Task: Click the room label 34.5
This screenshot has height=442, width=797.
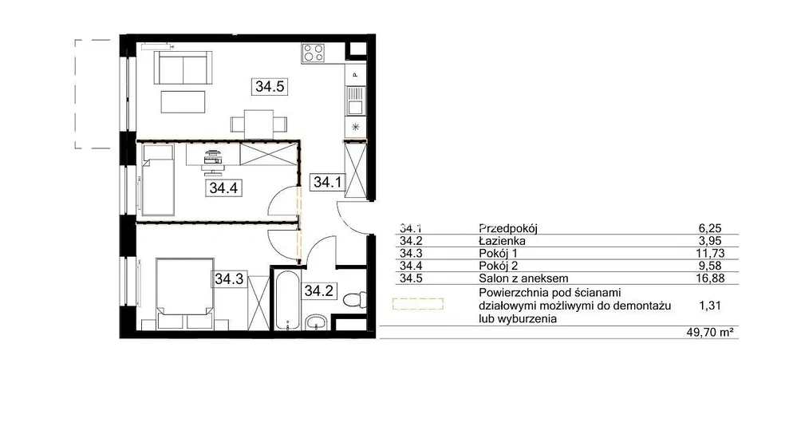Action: pos(270,86)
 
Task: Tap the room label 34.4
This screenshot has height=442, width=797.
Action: pos(223,188)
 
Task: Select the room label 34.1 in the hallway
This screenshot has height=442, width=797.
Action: pos(327,182)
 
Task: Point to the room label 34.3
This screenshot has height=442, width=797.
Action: pos(229,279)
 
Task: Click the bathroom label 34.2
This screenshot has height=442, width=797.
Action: pos(318,290)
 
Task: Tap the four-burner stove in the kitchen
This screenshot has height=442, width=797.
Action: pos(313,53)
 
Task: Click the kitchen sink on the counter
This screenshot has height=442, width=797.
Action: pos(355,101)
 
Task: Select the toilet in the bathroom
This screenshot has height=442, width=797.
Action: pos(355,300)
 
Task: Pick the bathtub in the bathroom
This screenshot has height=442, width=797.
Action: pos(286,300)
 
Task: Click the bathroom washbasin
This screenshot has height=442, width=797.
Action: pos(318,322)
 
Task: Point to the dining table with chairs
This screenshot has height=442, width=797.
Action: pos(258,124)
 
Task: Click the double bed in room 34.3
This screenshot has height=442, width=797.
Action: pos(184,294)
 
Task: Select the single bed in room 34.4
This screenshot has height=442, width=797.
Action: pos(158,180)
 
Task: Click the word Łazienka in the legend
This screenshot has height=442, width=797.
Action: pos(502,241)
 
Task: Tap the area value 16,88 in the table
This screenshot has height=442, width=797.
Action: pos(710,278)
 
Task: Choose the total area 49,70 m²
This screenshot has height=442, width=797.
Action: pos(710,332)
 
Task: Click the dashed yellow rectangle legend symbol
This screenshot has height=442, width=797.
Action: pos(418,304)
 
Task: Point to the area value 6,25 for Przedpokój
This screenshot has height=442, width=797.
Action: pos(710,229)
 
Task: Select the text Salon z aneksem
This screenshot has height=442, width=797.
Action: pos(523,278)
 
